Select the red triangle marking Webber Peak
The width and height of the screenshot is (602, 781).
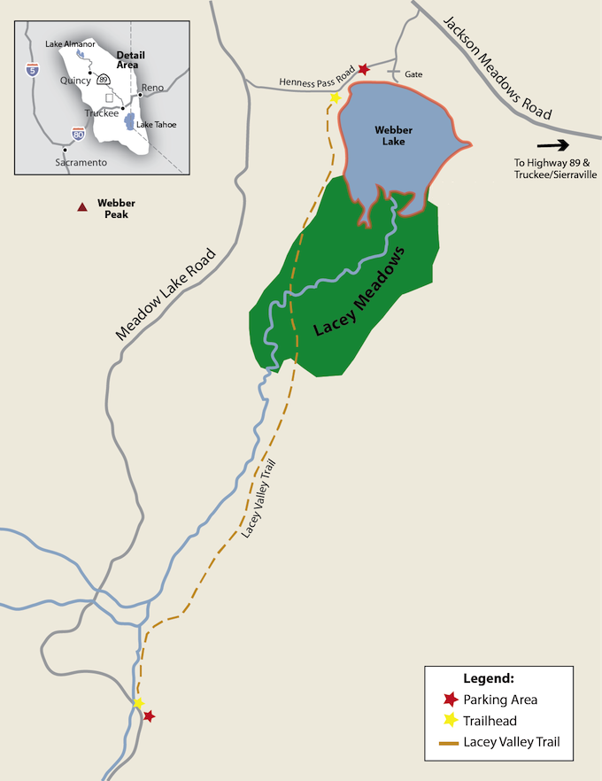(81, 207)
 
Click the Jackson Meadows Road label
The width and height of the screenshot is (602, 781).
(498, 66)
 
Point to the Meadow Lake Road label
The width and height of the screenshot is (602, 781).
(166, 292)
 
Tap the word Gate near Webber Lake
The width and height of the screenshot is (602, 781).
(413, 74)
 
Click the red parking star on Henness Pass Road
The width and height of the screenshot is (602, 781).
(363, 69)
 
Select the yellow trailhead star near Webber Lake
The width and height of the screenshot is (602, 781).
(335, 97)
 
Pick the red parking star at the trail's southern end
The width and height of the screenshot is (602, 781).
(149, 715)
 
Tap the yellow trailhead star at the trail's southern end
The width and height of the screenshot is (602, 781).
(138, 703)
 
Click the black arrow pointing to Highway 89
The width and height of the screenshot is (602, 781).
(552, 144)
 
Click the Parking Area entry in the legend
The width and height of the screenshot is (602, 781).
(500, 700)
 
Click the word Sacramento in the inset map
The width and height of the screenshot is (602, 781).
(81, 163)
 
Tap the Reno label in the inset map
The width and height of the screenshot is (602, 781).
(153, 88)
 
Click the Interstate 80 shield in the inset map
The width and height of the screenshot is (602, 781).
(78, 134)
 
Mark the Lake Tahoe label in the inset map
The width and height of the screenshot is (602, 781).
(157, 125)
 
